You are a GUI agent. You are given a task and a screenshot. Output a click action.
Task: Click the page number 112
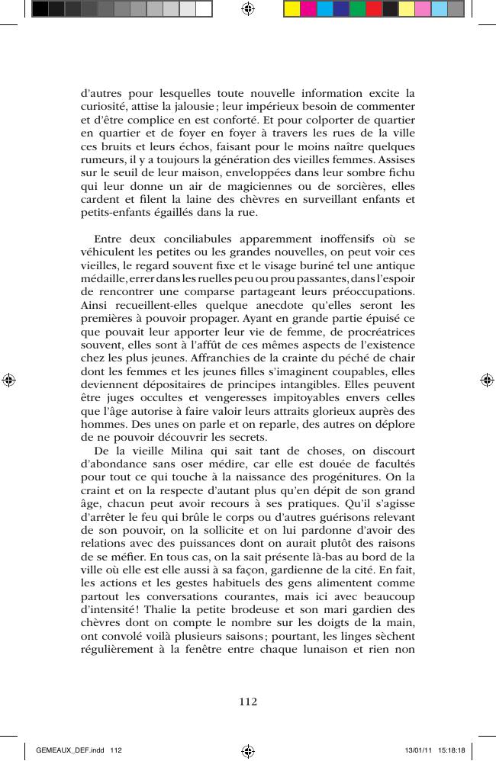[x=248, y=702]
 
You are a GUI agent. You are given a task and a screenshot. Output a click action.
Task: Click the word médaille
[x=103, y=281]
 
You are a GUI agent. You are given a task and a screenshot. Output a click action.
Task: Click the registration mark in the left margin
[x=9, y=379]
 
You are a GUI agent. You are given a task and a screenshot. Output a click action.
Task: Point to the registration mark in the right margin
[x=487, y=379]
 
